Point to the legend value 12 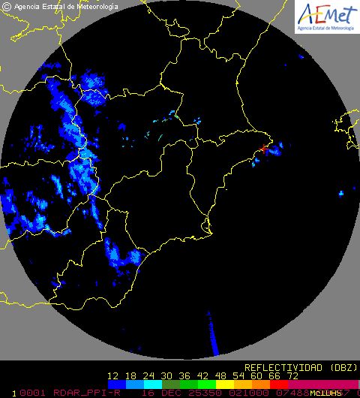click(x=113, y=375)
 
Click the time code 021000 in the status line click(x=241, y=392)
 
